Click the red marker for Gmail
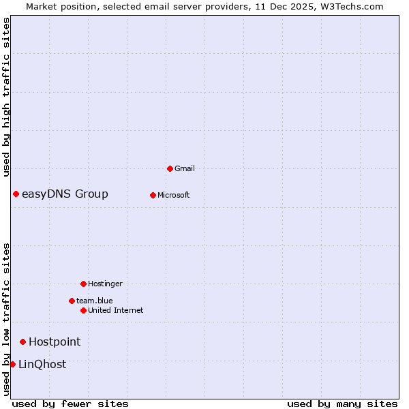coord(170,168)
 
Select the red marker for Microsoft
coord(153,195)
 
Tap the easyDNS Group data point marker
coord(16,194)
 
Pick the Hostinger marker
coord(83,284)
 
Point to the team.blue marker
coord(72,301)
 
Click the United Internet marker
coord(83,310)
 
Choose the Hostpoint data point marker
coord(22,342)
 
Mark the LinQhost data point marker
coord(12,364)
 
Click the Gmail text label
coord(185,168)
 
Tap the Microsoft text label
coord(174,195)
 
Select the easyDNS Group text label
coord(65,194)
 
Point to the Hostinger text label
coord(105,284)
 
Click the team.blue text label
coord(95,301)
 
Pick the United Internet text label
coord(116,310)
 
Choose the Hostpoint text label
coord(55,342)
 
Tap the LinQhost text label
coord(42,364)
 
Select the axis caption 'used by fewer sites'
coord(70,404)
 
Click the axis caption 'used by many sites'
coord(342,404)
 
